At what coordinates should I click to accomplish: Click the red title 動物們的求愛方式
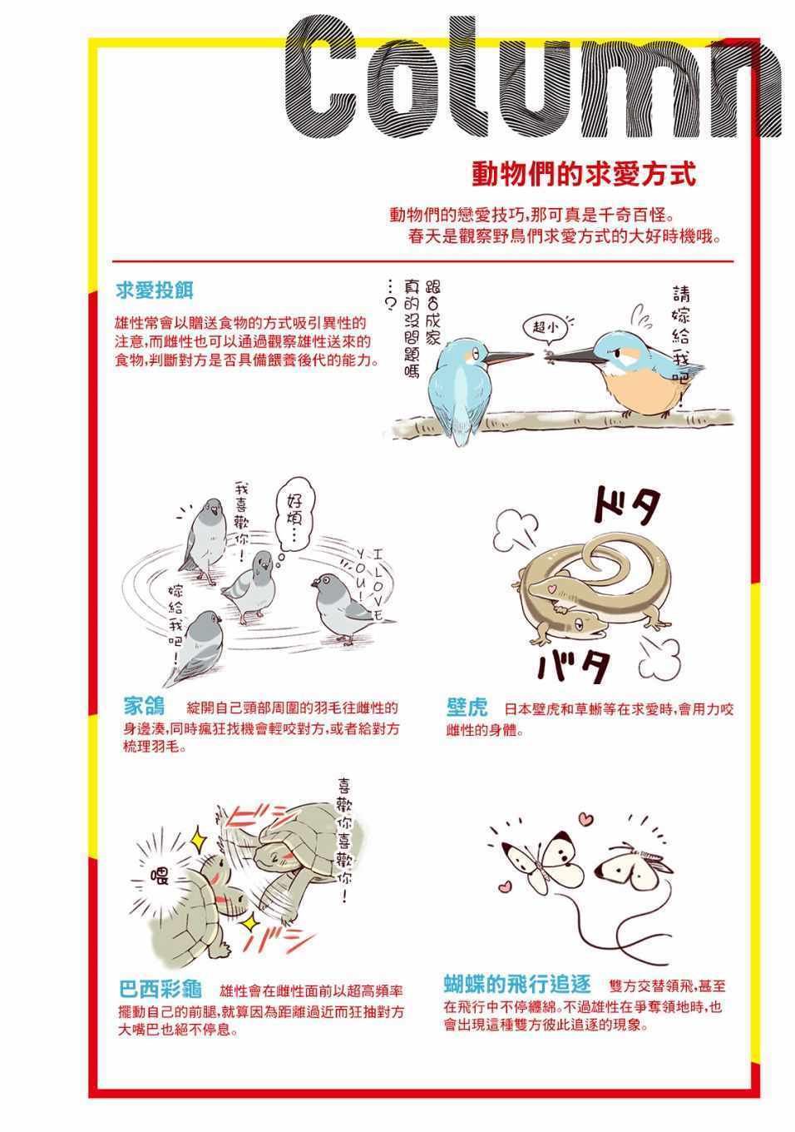click(x=584, y=175)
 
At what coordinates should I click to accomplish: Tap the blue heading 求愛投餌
click(x=155, y=290)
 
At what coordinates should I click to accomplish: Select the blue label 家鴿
click(x=145, y=706)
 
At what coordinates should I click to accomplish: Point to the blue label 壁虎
click(x=467, y=707)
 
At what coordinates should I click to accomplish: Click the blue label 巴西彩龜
click(x=160, y=989)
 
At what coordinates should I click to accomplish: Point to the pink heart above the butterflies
click(x=585, y=817)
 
